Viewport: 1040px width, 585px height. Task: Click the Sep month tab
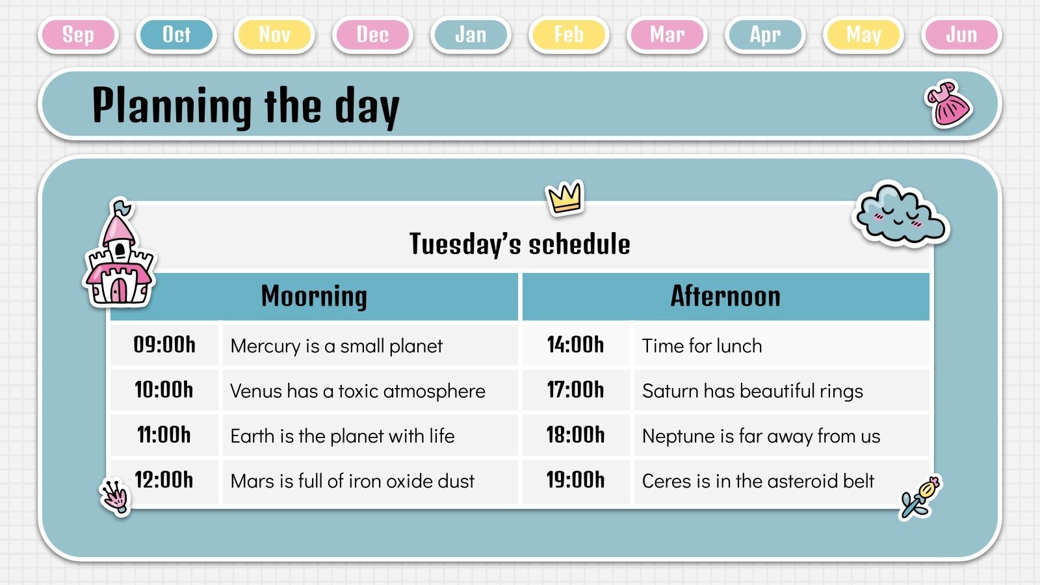click(x=78, y=34)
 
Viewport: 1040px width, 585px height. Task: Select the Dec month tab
click(x=372, y=34)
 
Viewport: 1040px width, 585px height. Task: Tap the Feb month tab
click(x=569, y=34)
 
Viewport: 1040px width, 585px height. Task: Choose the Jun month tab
click(x=961, y=34)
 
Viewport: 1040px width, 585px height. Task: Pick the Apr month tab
click(x=765, y=34)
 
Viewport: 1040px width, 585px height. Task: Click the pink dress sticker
click(x=948, y=104)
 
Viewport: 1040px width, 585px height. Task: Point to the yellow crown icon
click(x=565, y=197)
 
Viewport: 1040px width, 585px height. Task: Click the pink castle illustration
click(x=119, y=257)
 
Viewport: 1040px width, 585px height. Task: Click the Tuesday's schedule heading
click(x=519, y=244)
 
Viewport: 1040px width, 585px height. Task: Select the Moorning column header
click(x=314, y=296)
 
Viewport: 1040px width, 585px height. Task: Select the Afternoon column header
click(x=725, y=296)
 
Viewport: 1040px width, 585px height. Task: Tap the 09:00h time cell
click(x=164, y=344)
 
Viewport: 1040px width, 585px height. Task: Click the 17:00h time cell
click(x=575, y=390)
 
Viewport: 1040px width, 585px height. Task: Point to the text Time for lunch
click(x=701, y=346)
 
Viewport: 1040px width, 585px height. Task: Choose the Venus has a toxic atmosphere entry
click(x=357, y=391)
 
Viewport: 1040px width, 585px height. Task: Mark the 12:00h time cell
click(x=164, y=480)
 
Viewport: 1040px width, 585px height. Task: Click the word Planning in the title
click(x=172, y=106)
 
